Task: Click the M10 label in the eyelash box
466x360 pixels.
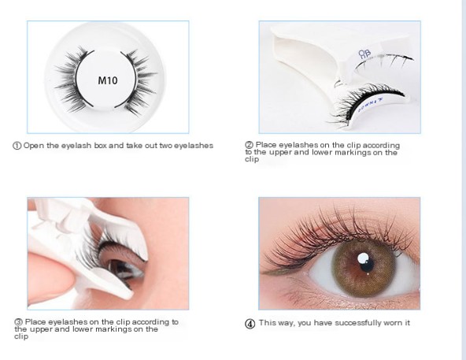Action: [108, 80]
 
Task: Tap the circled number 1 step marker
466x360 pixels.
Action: [17, 146]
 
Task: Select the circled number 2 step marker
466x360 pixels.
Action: [249, 145]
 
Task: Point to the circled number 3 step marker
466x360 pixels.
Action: [18, 322]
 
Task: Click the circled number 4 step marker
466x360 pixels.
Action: [250, 324]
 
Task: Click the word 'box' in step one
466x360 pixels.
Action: [101, 146]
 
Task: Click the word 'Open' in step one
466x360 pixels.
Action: [34, 146]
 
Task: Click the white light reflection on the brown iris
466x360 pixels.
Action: [363, 258]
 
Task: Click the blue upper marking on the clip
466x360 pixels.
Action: [364, 54]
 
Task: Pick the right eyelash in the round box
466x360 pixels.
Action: [139, 82]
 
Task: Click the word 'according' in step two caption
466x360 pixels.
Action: [381, 146]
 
